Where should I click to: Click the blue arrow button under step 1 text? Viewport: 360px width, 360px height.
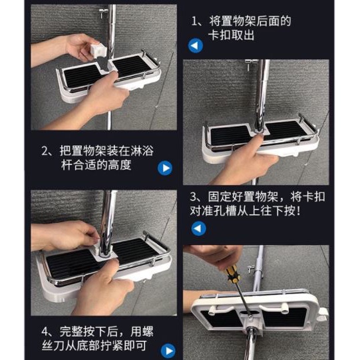(196, 45)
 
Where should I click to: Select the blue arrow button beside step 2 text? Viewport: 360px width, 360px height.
(165, 168)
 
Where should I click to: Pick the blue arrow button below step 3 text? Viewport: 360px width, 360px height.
(198, 228)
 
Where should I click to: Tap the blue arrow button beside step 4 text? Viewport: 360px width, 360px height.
(168, 351)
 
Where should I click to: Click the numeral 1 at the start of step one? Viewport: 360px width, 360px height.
(194, 21)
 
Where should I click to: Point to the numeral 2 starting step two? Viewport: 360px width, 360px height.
(45, 151)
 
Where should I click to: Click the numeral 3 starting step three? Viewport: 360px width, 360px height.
(193, 197)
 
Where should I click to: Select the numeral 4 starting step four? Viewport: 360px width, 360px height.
(45, 331)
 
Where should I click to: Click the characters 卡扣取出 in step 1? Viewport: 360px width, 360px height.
(232, 35)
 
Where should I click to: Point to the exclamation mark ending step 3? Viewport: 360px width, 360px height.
(298, 211)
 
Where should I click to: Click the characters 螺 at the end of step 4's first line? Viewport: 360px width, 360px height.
(148, 331)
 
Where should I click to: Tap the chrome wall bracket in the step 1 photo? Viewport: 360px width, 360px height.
(103, 12)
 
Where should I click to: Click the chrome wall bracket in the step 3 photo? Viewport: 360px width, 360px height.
(250, 65)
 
